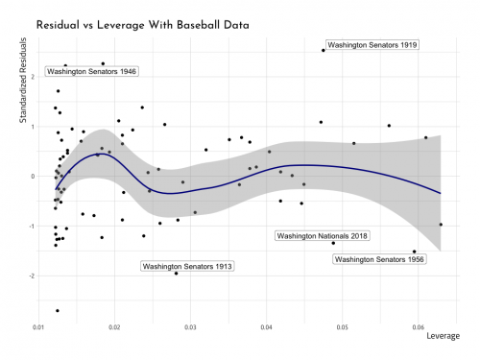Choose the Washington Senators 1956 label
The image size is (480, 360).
[380, 259]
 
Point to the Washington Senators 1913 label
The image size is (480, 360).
[187, 265]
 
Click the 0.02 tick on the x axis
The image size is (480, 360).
[114, 328]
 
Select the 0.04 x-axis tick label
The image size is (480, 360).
[267, 328]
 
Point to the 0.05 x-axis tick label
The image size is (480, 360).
[343, 328]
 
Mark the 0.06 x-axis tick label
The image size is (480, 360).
[419, 328]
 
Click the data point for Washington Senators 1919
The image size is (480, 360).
[324, 50]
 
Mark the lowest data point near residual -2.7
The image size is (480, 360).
[58, 311]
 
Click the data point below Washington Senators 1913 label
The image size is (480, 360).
[177, 274]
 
